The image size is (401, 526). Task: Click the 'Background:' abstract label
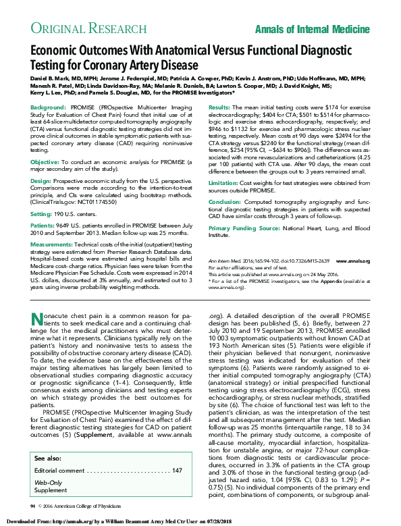(48, 108)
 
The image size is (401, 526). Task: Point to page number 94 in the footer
(32, 505)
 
